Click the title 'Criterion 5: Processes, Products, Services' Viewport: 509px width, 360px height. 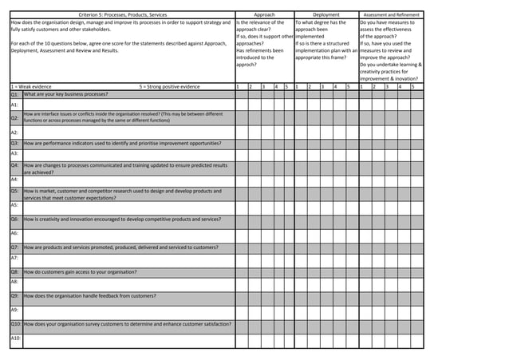pos(123,14)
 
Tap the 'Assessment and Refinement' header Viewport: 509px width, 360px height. pos(390,14)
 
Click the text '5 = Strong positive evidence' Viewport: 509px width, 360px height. pos(169,85)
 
